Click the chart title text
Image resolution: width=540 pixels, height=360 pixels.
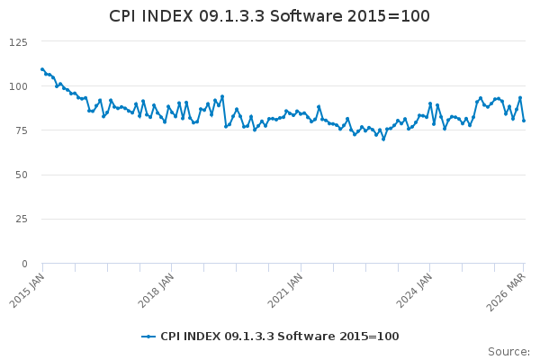click(269, 16)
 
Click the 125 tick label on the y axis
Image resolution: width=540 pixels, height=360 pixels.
click(18, 42)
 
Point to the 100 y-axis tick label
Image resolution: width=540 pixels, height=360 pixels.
click(18, 86)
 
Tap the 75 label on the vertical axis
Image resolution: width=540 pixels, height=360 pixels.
click(21, 130)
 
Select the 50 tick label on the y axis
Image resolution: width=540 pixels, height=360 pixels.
click(21, 175)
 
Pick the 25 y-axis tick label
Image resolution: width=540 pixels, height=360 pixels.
click(21, 219)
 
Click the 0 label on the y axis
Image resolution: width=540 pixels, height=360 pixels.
click(24, 264)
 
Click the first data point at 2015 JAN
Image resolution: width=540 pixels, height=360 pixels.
click(42, 69)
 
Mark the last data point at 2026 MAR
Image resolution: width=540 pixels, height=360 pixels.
click(524, 121)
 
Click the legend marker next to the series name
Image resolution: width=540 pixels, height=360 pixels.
click(148, 337)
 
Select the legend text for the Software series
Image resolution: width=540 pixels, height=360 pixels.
click(279, 337)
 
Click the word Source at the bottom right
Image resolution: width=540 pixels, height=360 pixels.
click(508, 351)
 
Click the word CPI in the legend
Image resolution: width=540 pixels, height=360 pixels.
click(171, 337)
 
